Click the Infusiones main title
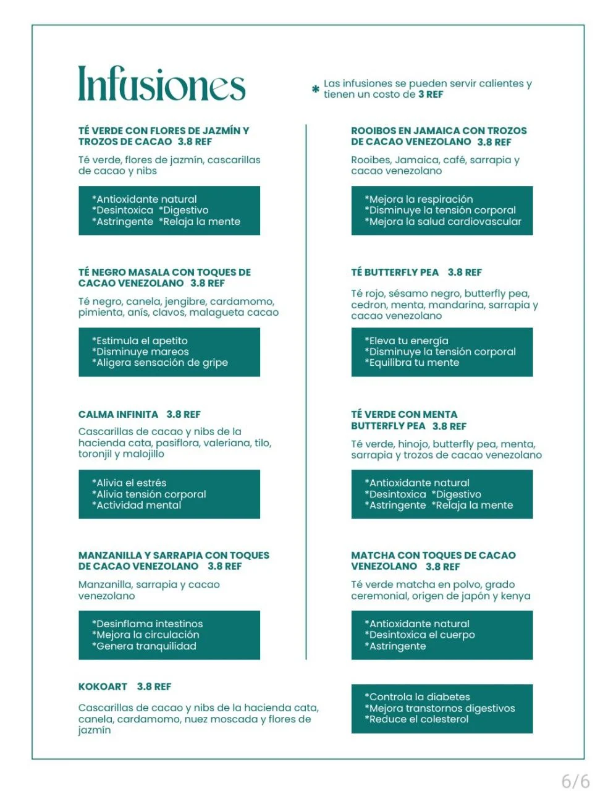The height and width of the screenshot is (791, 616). point(161,84)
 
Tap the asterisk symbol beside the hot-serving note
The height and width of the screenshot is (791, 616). point(316,90)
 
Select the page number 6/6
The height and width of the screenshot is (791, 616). point(575,781)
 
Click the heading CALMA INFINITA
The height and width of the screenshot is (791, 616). point(118,415)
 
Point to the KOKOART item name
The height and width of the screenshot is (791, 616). point(103,687)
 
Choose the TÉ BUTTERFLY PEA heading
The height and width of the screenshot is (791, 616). point(395,273)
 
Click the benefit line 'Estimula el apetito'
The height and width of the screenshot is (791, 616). point(140,341)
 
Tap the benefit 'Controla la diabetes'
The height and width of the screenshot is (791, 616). point(417,697)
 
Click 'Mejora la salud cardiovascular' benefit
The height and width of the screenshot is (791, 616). point(443,221)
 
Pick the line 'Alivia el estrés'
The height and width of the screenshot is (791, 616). point(129,483)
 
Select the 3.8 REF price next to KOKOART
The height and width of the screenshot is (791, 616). point(154,687)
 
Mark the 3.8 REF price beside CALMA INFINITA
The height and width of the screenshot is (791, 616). point(184,415)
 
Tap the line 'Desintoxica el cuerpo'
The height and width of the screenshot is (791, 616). point(420,635)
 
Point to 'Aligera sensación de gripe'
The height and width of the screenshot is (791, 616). point(160,363)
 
